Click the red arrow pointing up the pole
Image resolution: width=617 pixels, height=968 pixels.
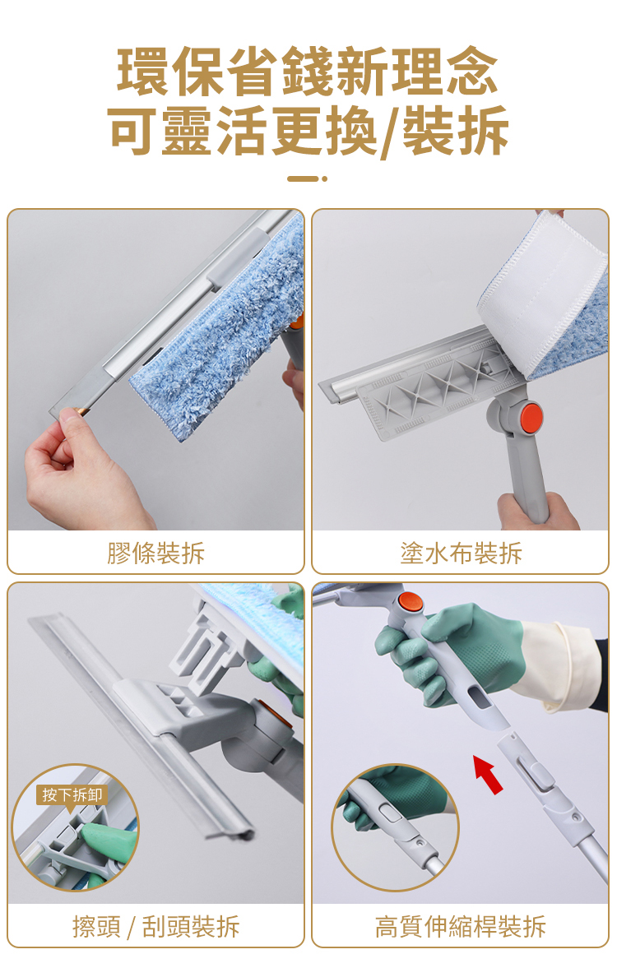point(488,774)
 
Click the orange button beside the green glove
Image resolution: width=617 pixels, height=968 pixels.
point(410,603)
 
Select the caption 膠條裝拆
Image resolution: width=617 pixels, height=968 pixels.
point(155,553)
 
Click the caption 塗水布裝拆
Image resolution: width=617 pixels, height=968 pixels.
point(461,553)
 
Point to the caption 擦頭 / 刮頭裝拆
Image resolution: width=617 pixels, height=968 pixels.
point(155,926)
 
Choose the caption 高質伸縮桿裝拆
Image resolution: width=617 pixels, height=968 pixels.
point(461,926)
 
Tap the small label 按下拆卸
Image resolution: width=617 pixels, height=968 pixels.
point(72,794)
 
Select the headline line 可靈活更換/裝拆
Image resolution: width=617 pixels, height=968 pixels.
point(308,130)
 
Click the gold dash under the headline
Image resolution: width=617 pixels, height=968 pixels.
point(304,179)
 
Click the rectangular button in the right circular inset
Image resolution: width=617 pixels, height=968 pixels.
point(391,813)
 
